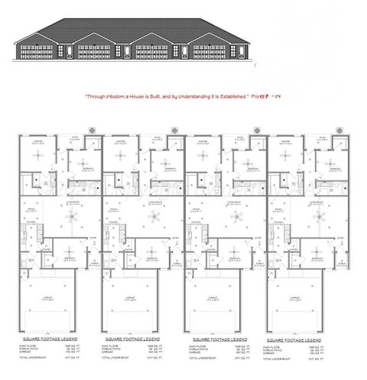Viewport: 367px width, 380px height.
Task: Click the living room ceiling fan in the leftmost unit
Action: coord(71,217)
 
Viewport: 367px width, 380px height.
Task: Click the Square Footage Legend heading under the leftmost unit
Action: coord(44,337)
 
